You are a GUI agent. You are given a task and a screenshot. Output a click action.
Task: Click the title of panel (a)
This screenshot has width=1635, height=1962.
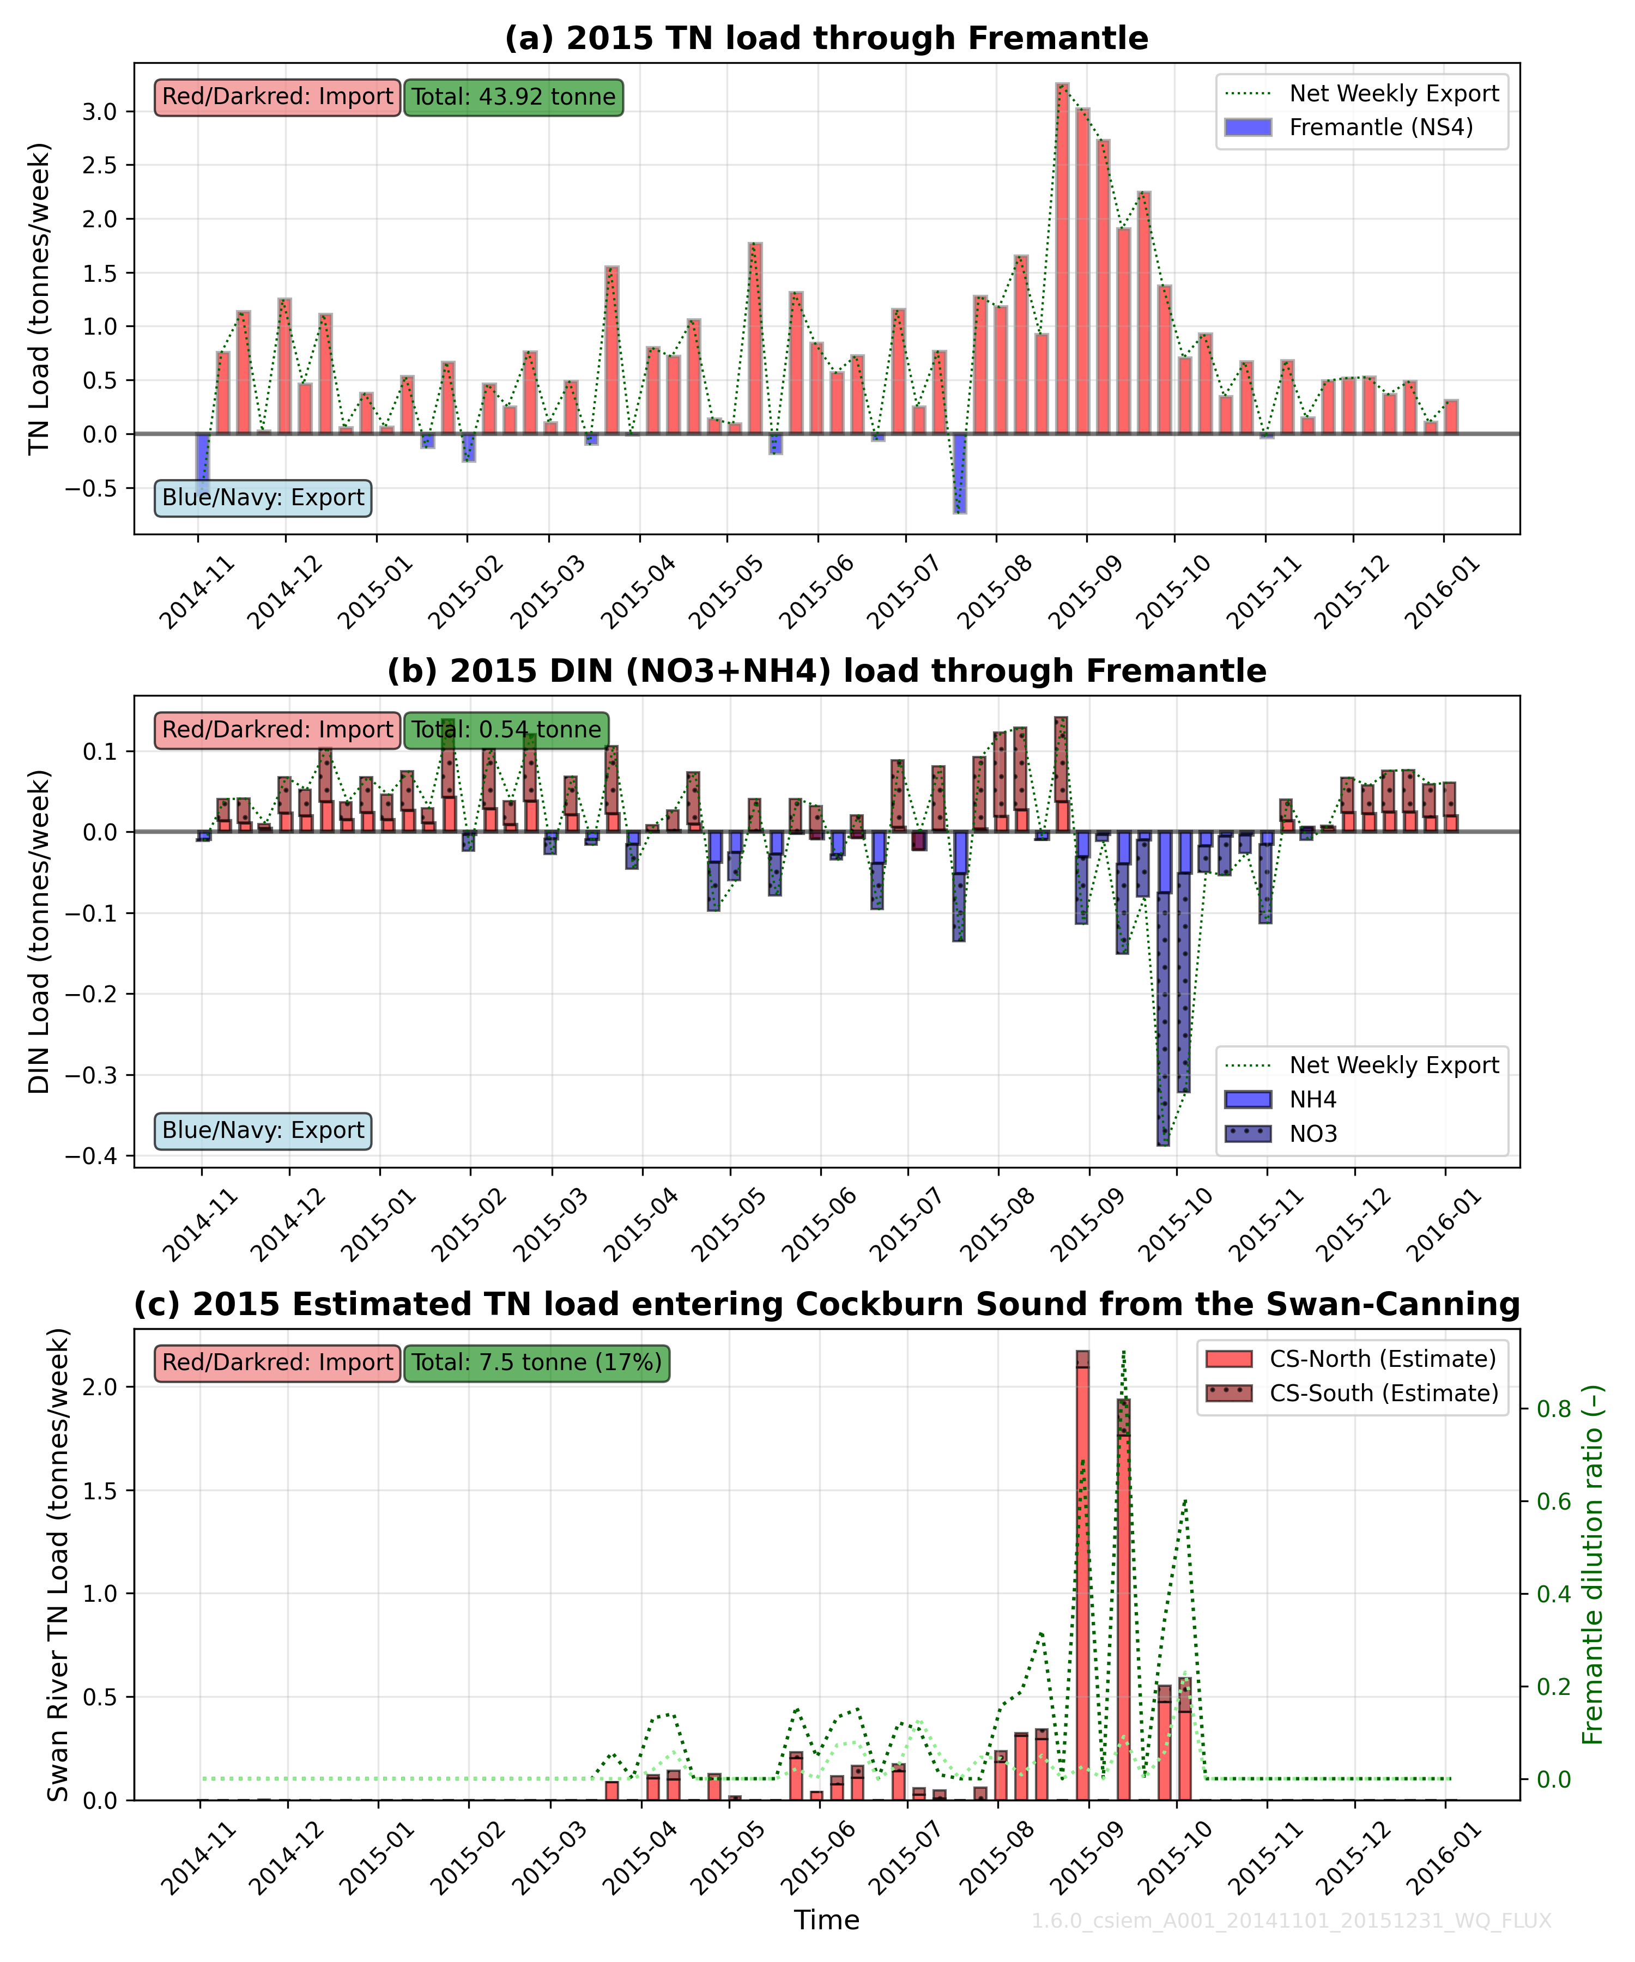tap(826, 38)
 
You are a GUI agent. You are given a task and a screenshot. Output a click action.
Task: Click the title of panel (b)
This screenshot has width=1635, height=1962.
tap(826, 671)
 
